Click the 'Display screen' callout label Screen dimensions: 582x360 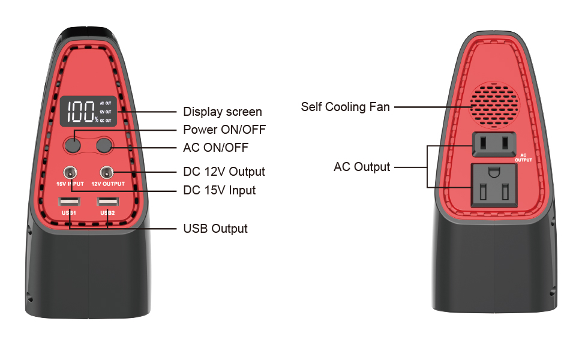(222, 112)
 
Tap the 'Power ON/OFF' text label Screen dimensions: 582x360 (224, 130)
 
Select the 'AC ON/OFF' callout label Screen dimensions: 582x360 (215, 148)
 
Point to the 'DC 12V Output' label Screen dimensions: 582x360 (224, 172)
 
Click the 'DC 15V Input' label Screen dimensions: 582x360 (219, 190)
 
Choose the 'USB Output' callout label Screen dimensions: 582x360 (215, 229)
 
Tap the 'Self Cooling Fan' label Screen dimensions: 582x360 (345, 107)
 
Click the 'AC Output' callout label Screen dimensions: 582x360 (362, 167)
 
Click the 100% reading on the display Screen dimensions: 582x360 (82, 112)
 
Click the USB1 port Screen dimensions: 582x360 (70, 202)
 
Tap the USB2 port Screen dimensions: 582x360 (108, 202)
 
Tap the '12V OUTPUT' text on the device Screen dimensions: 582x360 (108, 184)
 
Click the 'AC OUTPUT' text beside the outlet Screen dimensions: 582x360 (523, 157)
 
